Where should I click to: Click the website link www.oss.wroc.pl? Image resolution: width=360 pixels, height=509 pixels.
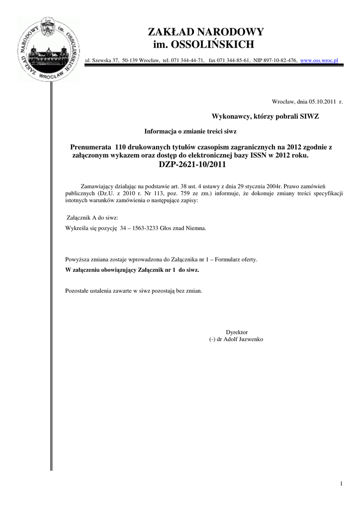click(x=319, y=60)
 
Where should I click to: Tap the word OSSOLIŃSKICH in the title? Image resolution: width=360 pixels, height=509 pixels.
click(x=212, y=45)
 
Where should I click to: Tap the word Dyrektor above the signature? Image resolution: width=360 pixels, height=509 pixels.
click(x=237, y=332)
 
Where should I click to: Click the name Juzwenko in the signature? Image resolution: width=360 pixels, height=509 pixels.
click(x=252, y=339)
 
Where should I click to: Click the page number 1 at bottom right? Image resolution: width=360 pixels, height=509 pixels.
click(x=342, y=484)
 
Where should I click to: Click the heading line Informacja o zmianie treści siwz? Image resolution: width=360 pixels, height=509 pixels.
click(x=190, y=131)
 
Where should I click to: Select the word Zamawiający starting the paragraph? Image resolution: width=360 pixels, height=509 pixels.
click(x=98, y=185)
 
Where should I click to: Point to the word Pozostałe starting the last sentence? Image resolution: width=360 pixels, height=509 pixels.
click(x=78, y=290)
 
